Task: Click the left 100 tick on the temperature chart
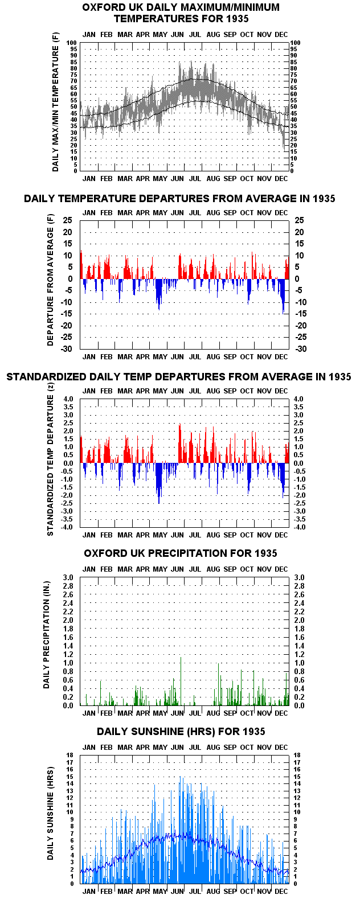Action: tap(71, 43)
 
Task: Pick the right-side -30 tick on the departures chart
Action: tap(301, 348)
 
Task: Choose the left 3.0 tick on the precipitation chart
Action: tap(68, 577)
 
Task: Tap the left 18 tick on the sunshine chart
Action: tap(69, 755)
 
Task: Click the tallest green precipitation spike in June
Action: tap(181, 681)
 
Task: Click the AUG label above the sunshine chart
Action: tap(213, 748)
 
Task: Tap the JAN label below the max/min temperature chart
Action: tap(89, 179)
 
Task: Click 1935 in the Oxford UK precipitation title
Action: tap(265, 553)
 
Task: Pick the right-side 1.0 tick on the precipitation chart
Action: tap(299, 663)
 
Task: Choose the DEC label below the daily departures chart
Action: tap(281, 357)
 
